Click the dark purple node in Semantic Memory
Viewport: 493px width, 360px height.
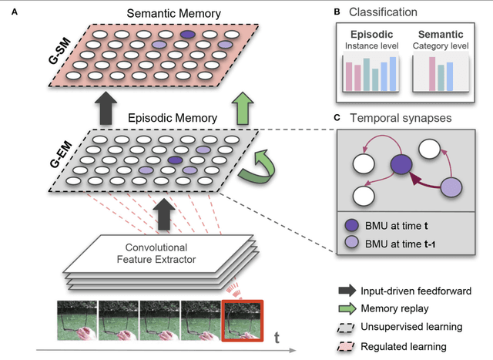186,35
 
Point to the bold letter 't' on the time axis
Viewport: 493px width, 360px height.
279,336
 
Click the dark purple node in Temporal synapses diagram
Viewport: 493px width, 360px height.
399,165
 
